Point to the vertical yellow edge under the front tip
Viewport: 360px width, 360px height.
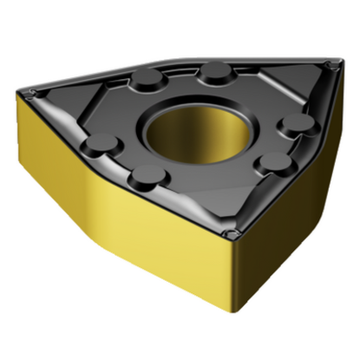pos(232,269)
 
